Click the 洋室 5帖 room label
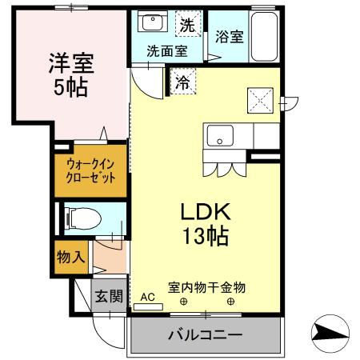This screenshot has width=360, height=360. (x=71, y=73)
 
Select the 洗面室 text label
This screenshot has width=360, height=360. (x=166, y=50)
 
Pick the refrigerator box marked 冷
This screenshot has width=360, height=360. (x=182, y=81)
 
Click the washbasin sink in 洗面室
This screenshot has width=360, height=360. (x=148, y=23)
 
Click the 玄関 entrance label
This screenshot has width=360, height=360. (x=110, y=298)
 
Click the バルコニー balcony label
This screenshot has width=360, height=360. (x=205, y=334)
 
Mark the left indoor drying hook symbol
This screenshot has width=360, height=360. (x=183, y=302)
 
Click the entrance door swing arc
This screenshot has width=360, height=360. (x=110, y=326)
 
